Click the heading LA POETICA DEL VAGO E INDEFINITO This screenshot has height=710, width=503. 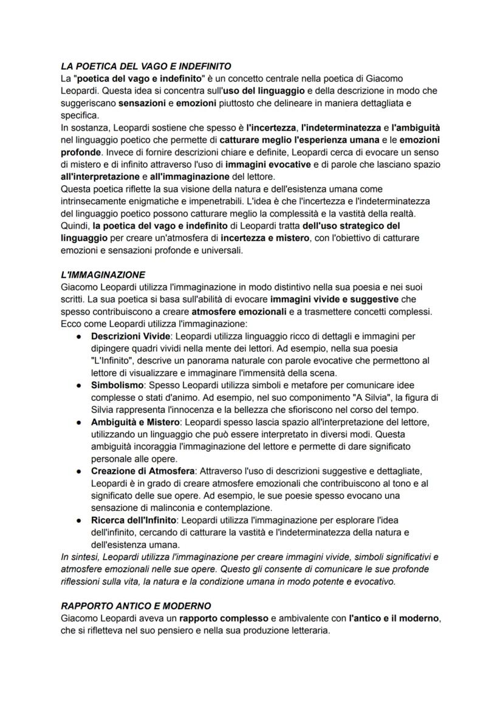point(146,66)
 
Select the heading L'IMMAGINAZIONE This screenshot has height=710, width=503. point(103,275)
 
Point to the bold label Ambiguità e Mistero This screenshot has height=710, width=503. point(135,422)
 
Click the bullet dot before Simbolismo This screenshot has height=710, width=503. point(79,385)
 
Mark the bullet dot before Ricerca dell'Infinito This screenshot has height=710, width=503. point(79,520)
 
